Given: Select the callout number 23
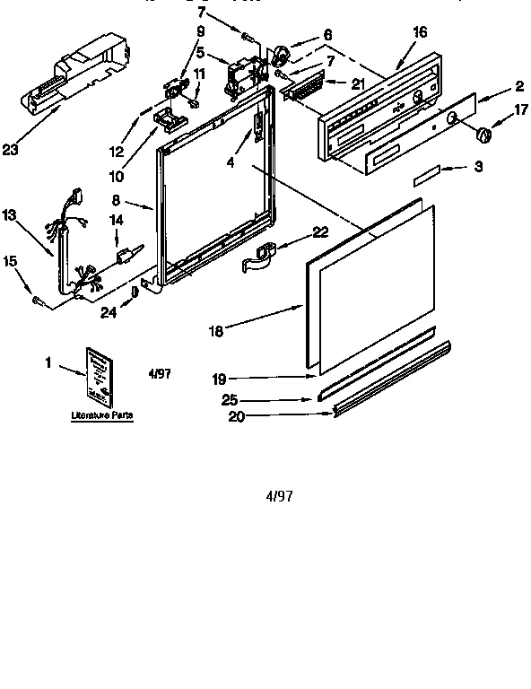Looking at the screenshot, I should [x=11, y=150].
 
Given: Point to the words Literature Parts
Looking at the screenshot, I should [x=95, y=416].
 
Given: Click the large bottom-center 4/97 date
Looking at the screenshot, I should [x=280, y=495].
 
